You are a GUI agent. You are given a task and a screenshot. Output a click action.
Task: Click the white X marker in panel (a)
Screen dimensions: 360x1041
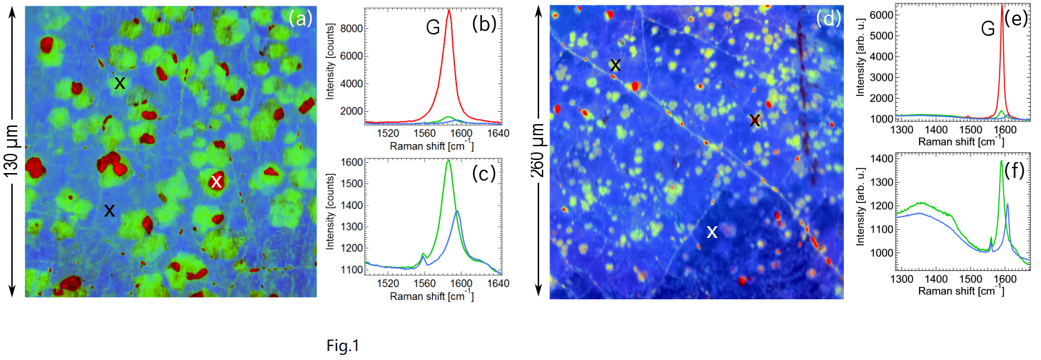click(x=216, y=181)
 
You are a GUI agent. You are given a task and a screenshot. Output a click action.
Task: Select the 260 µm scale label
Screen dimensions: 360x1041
click(x=538, y=152)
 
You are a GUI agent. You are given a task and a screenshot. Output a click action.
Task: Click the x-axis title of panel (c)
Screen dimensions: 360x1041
click(x=431, y=297)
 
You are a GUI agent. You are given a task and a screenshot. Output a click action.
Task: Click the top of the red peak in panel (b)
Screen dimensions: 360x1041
click(x=449, y=10)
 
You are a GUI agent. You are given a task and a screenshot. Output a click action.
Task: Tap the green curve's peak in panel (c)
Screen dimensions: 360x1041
click(x=448, y=161)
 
